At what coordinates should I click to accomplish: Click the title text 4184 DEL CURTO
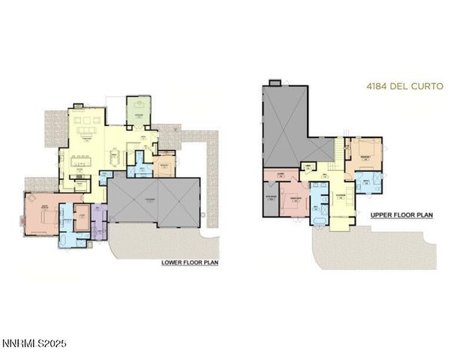tap(404, 86)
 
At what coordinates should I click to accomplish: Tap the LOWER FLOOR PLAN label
tap(190, 262)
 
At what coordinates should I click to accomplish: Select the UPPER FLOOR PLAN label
tap(401, 214)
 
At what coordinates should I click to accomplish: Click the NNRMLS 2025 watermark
tap(34, 343)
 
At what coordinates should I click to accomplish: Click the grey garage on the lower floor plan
tap(155, 200)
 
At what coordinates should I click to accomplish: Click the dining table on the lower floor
tap(115, 158)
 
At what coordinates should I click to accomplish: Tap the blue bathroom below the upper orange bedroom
tap(368, 181)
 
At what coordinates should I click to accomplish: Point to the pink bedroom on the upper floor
tap(294, 199)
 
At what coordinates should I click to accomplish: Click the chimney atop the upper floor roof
tap(274, 82)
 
